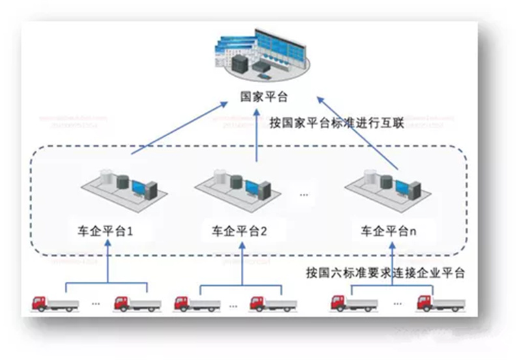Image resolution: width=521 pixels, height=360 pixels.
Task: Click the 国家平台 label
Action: [263, 98]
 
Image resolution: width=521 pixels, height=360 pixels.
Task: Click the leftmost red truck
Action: [56, 303]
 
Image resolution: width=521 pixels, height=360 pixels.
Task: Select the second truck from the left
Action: [137, 303]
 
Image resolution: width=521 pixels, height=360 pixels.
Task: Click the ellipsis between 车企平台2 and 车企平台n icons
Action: [305, 193]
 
